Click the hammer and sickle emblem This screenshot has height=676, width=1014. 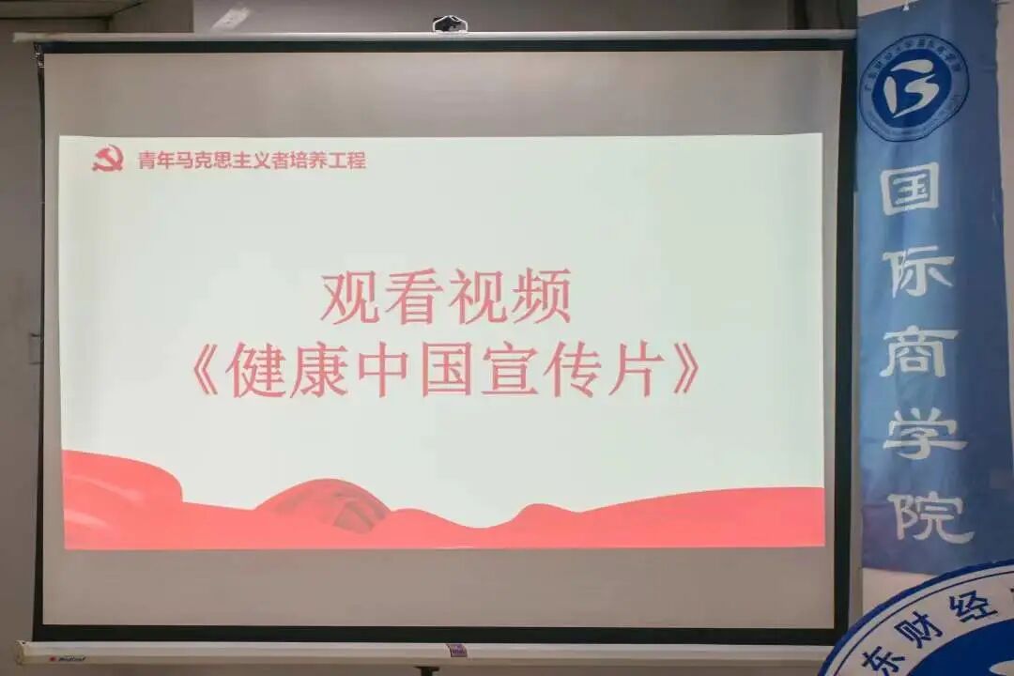(108, 158)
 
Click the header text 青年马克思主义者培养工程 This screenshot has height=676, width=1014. (252, 160)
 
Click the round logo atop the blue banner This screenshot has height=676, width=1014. (914, 87)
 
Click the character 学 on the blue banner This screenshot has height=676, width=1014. (924, 434)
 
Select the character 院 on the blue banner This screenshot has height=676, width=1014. (929, 515)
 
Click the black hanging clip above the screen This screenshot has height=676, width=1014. (450, 24)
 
